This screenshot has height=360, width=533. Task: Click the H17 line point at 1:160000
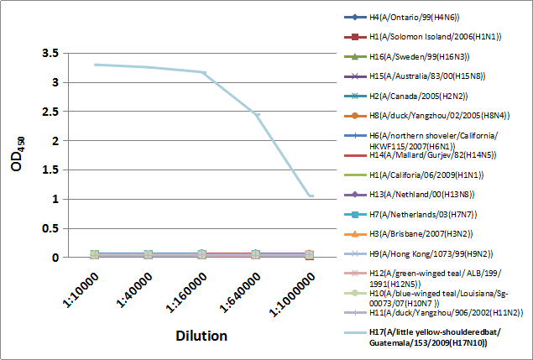point(202,72)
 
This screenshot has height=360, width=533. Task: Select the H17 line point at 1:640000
point(256,114)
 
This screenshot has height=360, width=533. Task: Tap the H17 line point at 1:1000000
point(310,196)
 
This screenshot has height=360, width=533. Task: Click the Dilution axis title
point(201,337)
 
